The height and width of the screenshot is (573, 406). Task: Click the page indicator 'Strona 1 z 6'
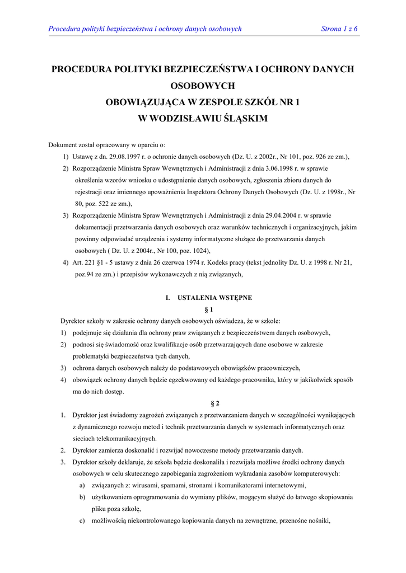339,29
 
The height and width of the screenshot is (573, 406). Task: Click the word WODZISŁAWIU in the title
184,119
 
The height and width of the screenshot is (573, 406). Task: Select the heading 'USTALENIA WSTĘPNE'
214,298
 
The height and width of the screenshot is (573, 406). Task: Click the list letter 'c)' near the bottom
82,520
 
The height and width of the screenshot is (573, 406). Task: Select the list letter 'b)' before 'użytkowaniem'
82,497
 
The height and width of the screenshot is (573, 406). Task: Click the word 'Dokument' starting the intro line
63,145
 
